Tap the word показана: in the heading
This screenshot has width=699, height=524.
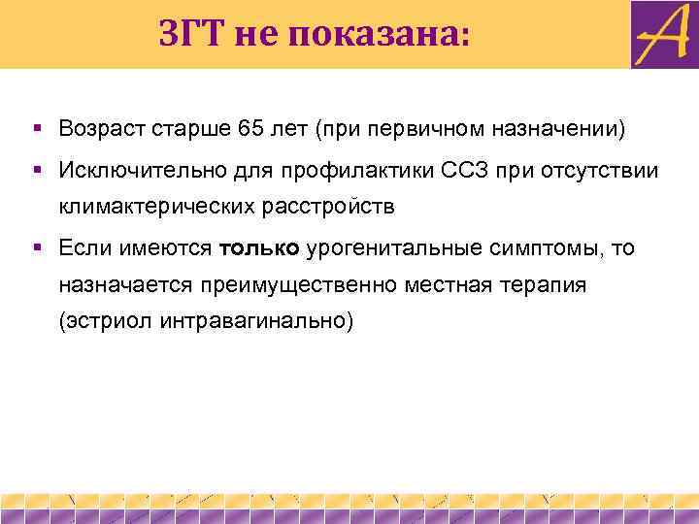pos(376,35)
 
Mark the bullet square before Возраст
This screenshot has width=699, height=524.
pos(36,128)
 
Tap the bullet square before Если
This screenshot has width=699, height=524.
pos(36,247)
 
